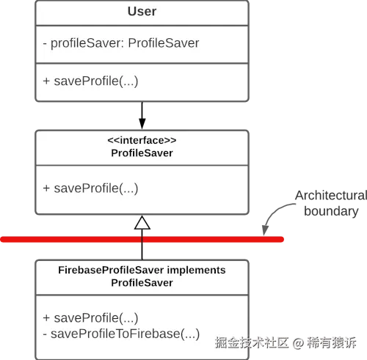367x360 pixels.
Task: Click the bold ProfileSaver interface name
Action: click(x=142, y=153)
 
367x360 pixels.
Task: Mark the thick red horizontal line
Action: click(x=73, y=240)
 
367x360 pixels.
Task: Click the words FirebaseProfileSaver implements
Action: click(x=142, y=271)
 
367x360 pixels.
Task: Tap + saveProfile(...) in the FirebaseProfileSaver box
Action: click(x=91, y=318)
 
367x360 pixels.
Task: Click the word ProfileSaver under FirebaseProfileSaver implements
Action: click(x=142, y=283)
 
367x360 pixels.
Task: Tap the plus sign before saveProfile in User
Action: click(x=46, y=80)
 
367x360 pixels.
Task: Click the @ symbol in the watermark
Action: click(x=298, y=342)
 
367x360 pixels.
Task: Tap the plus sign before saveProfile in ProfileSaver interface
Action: click(x=46, y=188)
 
